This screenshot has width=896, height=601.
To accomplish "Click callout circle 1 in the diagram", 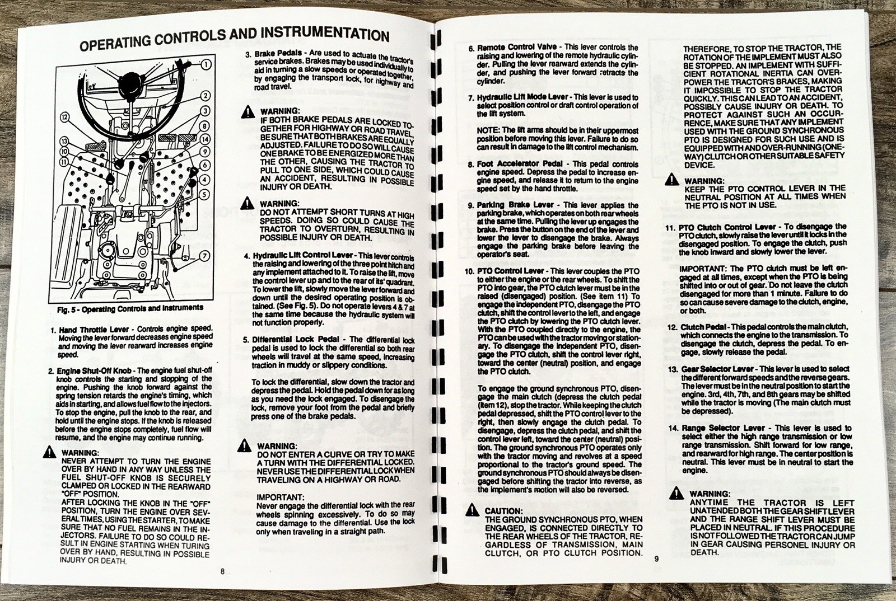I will point(206,64).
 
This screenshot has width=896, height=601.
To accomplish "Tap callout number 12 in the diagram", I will point(65,118).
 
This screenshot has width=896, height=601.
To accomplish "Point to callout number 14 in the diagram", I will point(205,139).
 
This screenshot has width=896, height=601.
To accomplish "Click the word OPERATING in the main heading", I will point(115,41).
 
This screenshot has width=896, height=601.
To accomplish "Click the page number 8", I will point(222,571).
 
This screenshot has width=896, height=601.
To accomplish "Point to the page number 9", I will point(657,558).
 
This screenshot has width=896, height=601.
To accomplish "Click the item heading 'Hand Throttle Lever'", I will point(93,330).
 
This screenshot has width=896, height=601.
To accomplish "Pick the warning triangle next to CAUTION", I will point(472,510).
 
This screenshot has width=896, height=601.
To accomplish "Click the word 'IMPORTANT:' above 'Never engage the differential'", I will point(280,497).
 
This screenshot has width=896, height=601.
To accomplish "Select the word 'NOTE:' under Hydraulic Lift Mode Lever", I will point(488,130).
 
